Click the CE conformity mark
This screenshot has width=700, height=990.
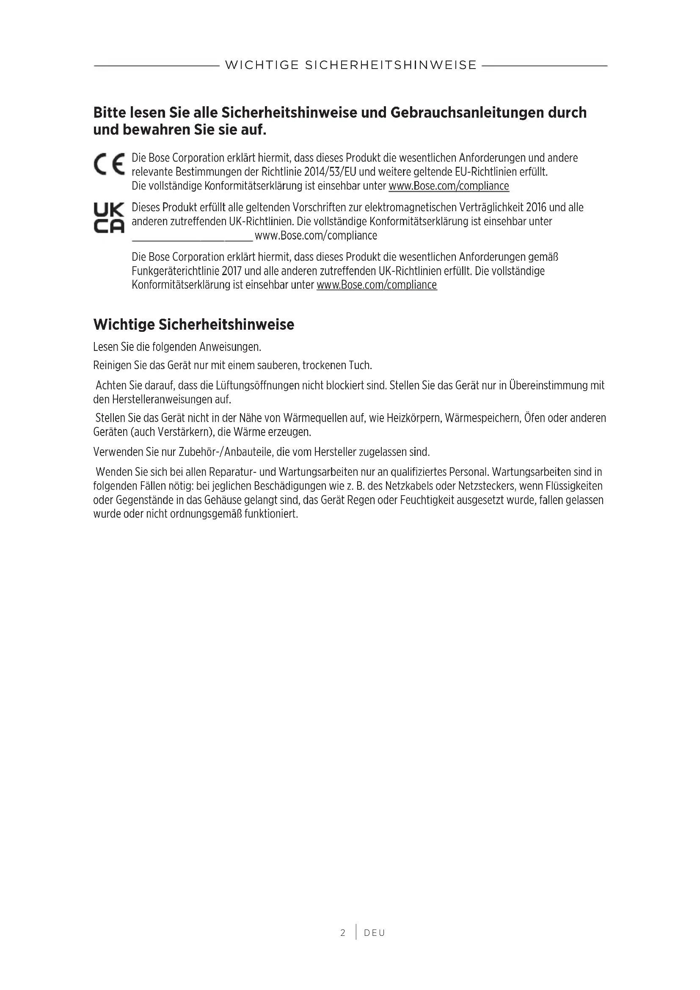click(109, 164)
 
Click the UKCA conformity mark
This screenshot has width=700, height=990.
click(109, 218)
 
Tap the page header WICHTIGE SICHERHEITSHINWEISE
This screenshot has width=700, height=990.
click(351, 65)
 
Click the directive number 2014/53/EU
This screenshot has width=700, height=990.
click(330, 172)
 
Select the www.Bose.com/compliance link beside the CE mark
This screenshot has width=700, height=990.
click(449, 186)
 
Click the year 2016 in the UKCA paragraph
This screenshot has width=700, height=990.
click(533, 207)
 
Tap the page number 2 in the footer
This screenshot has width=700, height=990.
click(343, 933)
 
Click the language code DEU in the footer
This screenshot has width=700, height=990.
click(374, 933)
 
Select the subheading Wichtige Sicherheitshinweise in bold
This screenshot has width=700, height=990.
click(193, 325)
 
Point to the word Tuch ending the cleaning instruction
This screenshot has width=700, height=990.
click(361, 366)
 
